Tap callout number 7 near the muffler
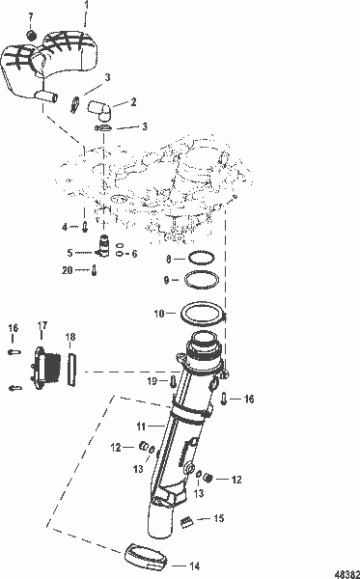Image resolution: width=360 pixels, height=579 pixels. click(x=32, y=18)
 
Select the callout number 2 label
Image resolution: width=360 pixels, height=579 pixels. click(x=133, y=100)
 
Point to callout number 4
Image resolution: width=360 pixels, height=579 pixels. click(x=66, y=227)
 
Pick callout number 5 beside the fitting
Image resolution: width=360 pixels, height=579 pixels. click(x=69, y=253)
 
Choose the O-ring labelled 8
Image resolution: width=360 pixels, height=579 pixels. click(x=200, y=260)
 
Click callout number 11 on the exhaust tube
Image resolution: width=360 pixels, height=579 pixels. click(x=140, y=426)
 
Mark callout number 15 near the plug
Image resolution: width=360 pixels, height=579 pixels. click(x=218, y=519)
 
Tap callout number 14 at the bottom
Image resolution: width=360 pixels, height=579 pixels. click(x=195, y=566)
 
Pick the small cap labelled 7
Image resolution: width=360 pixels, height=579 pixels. click(x=32, y=36)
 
